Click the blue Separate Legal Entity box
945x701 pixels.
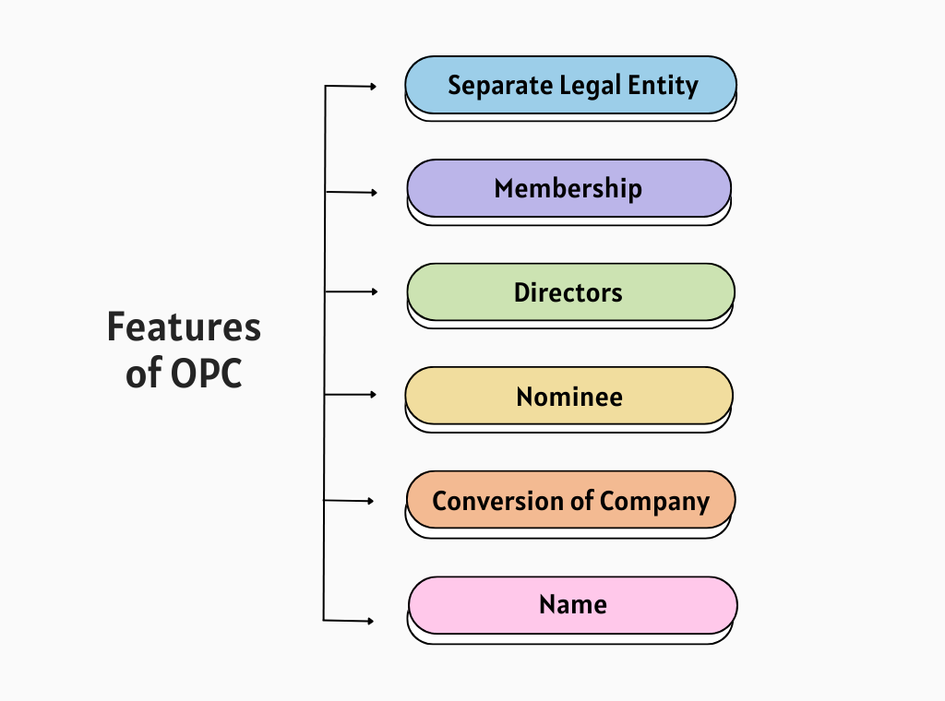click(x=570, y=85)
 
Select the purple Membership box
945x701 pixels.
click(x=568, y=188)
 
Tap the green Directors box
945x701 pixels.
click(x=570, y=292)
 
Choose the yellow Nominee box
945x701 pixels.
click(x=568, y=397)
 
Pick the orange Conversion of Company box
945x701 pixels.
click(x=570, y=501)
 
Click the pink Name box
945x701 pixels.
click(x=572, y=605)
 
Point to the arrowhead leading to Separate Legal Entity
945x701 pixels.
click(x=373, y=87)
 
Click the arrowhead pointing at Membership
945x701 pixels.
click(x=373, y=193)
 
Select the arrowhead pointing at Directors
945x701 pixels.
click(x=374, y=291)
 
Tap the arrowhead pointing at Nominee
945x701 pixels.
click(x=373, y=394)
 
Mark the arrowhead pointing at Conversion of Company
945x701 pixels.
click(x=370, y=502)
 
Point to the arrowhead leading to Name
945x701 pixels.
click(x=370, y=621)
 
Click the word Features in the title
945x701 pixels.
click(x=184, y=327)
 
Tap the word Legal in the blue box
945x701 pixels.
click(x=590, y=86)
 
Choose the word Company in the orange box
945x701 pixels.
click(x=654, y=502)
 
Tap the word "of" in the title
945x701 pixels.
click(x=144, y=374)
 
